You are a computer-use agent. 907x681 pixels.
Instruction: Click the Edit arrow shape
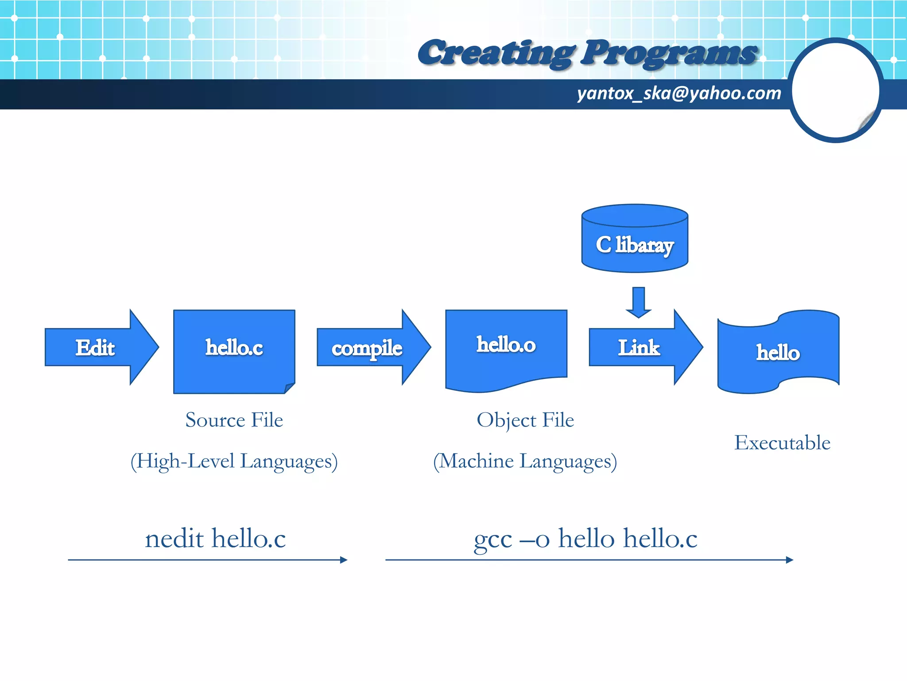coord(95,347)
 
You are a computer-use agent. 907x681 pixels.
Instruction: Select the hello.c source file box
coord(234,350)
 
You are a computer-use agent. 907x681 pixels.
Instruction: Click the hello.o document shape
coord(506,346)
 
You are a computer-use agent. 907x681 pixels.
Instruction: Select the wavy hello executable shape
coord(778,352)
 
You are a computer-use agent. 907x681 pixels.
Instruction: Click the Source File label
coord(234,420)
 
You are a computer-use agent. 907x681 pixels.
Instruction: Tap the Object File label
coord(525,420)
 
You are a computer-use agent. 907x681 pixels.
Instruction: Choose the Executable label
coord(782,442)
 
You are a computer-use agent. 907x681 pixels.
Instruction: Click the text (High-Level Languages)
coord(234,461)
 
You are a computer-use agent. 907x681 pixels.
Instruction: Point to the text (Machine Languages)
coord(525,461)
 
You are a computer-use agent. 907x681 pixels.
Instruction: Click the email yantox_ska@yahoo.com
coord(678,94)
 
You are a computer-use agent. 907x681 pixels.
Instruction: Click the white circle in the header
coord(835,90)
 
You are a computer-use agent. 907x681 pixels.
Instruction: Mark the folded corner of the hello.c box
coord(290,387)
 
